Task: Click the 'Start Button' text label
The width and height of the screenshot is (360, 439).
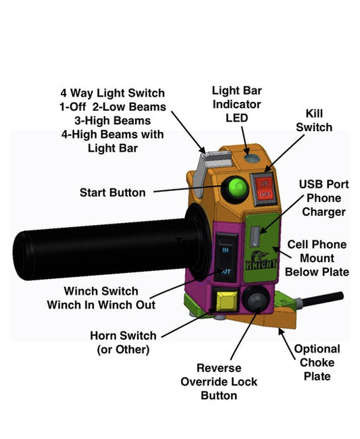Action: [x=112, y=192]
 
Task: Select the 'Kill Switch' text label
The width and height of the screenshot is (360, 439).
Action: [x=319, y=120]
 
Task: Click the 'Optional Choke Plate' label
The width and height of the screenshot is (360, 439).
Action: [x=317, y=362]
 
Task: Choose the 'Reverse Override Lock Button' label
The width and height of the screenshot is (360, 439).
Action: [x=219, y=382]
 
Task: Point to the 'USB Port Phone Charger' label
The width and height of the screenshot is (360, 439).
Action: [x=323, y=198]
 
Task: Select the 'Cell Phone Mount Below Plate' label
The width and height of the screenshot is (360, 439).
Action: [x=317, y=258]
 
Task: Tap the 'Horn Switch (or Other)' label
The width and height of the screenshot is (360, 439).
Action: [x=123, y=342]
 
